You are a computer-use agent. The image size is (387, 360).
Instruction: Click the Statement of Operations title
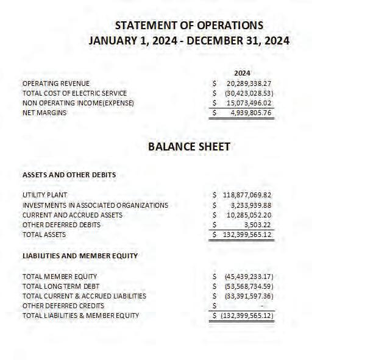pyautogui.click(x=189, y=25)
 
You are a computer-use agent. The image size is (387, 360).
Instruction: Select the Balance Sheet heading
pyautogui.click(x=189, y=147)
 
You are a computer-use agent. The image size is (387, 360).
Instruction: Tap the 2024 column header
pyautogui.click(x=243, y=73)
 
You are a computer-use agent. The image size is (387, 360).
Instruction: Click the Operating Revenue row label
pyautogui.click(x=56, y=83)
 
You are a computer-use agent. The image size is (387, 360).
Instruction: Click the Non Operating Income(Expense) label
pyautogui.click(x=78, y=103)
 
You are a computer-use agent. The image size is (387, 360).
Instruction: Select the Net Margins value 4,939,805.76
pyautogui.click(x=250, y=113)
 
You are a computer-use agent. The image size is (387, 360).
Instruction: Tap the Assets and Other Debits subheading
pyautogui.click(x=69, y=175)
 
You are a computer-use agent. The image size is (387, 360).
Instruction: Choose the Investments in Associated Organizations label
pyautogui.click(x=95, y=205)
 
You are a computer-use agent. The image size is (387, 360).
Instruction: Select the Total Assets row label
pyautogui.click(x=44, y=235)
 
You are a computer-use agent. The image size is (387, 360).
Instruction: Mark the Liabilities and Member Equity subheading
pyautogui.click(x=80, y=256)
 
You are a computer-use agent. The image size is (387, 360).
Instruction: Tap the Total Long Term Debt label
pyautogui.click(x=62, y=286)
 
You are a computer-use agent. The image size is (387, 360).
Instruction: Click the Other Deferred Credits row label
pyautogui.click(x=63, y=306)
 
